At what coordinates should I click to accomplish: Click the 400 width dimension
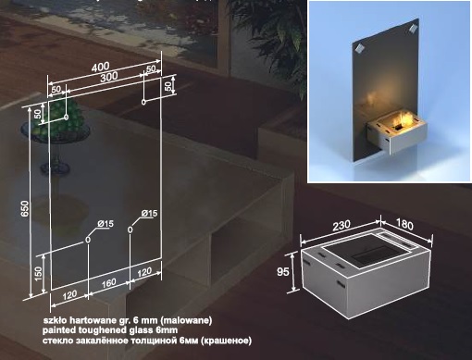100,67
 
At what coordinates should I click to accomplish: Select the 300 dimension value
109,77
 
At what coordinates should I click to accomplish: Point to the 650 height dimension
25,208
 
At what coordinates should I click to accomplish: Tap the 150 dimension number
38,274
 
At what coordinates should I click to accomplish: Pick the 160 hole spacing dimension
109,283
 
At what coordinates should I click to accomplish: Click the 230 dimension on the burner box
342,225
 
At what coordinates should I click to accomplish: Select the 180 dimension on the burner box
404,224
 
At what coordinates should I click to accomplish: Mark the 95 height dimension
283,272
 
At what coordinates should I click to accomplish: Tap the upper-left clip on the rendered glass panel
359,49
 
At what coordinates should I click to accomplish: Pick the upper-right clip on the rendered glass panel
413,29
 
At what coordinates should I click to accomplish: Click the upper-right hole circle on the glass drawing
143,102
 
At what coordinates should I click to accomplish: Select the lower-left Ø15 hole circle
88,240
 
